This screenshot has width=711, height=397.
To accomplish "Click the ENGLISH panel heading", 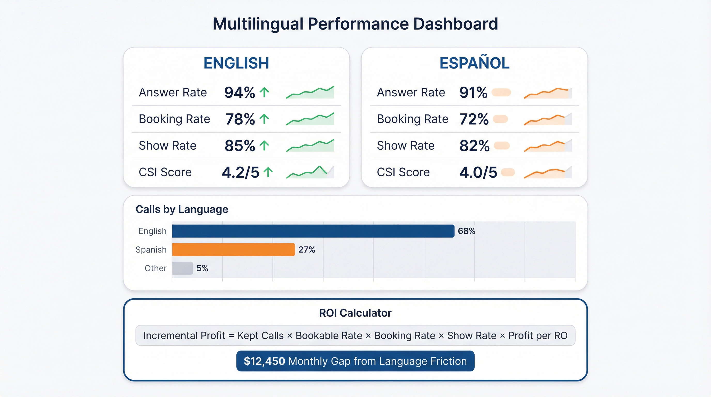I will pos(236,63).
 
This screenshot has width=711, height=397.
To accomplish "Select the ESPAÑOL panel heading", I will pos(474,63).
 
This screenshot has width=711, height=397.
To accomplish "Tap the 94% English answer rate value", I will pos(239,93).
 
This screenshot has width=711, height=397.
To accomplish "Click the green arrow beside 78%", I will pos(264,119).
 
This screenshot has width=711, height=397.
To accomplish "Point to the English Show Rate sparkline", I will pos(310,146).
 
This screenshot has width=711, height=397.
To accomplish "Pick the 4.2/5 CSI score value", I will pos(241,172).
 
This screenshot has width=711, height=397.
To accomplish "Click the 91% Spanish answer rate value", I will pos(473,93).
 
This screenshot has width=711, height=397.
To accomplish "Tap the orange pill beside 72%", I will pos(500,119).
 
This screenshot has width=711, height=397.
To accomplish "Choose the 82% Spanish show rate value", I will pos(474,146).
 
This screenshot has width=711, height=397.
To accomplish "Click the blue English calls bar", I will pos(313,231).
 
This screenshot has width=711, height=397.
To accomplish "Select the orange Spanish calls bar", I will pos(233,250).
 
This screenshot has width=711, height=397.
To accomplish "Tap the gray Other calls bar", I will pos(182,268).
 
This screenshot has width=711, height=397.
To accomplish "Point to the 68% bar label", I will pos(466,231).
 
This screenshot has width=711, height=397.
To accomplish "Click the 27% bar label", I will pos(306,250).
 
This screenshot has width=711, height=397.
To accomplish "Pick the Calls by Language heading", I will pos(182,209).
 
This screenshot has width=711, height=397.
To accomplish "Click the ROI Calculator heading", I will pos(355,313).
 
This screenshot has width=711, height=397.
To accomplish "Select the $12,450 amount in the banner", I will pos(264,361).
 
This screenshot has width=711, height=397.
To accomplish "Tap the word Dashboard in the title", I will pos(455,24).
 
